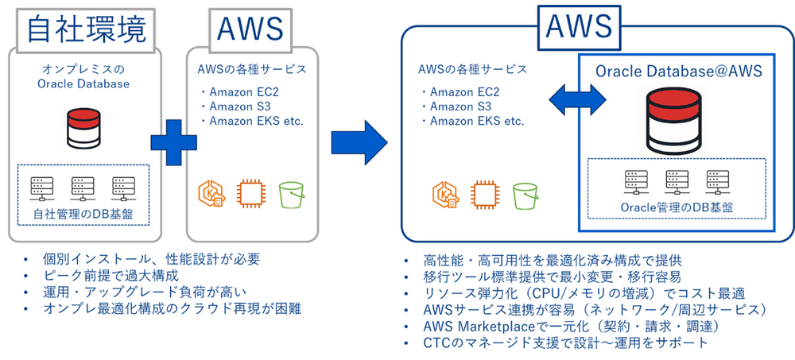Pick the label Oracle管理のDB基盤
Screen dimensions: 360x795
tap(676, 207)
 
